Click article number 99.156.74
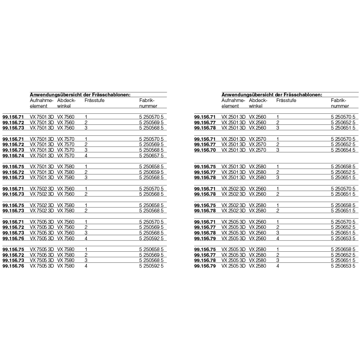click(x=13, y=155)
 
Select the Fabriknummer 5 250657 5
click(x=151, y=155)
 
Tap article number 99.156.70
click(x=205, y=150)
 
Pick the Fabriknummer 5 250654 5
click(x=343, y=150)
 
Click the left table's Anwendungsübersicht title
click(x=80, y=95)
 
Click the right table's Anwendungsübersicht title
click(x=272, y=95)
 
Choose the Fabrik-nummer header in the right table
click(x=340, y=103)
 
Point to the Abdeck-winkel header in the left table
click(x=66, y=103)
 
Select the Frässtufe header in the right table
click(x=286, y=100)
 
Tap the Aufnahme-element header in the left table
click(x=41, y=103)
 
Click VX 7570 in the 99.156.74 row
click(x=66, y=155)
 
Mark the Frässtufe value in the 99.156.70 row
click(x=278, y=150)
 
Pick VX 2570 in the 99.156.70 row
click(x=258, y=150)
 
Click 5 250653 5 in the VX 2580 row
click(x=343, y=266)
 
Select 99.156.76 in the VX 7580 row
click(x=13, y=266)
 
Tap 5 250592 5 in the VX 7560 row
click(x=151, y=238)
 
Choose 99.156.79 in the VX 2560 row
click(x=205, y=238)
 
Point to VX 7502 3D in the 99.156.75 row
click(x=42, y=205)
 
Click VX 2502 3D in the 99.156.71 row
click(x=233, y=188)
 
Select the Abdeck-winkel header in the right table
click(x=258, y=103)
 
